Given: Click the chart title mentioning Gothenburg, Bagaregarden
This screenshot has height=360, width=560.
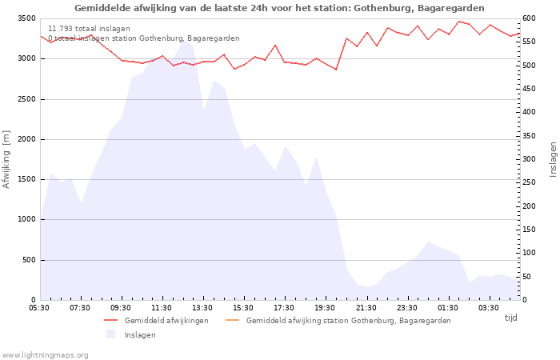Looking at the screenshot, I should [x=279, y=8].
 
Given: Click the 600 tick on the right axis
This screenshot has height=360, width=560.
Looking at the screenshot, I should [x=530, y=18].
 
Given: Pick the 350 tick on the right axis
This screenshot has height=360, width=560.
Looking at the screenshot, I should [x=530, y=136].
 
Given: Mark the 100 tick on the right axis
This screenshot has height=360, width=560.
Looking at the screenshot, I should [x=530, y=253].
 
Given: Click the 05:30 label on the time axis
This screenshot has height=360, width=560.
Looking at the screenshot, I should [x=39, y=308].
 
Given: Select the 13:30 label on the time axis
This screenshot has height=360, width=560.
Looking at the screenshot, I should [x=202, y=308].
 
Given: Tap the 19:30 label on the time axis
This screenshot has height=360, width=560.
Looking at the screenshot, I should [x=325, y=308].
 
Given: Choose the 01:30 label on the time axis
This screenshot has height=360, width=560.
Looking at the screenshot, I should [x=448, y=308].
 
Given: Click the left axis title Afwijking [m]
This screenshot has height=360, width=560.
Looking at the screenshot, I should [x=7, y=159].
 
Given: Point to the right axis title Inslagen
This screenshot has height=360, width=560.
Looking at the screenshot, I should [x=553, y=159].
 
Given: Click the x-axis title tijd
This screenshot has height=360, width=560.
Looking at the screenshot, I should [x=510, y=318].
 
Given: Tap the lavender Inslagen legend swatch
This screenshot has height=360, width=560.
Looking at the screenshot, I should [x=110, y=334].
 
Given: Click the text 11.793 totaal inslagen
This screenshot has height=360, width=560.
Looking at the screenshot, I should [x=89, y=29].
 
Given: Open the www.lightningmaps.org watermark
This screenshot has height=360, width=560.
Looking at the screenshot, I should [x=46, y=354].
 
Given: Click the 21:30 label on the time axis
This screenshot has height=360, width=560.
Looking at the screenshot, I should [x=366, y=308].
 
